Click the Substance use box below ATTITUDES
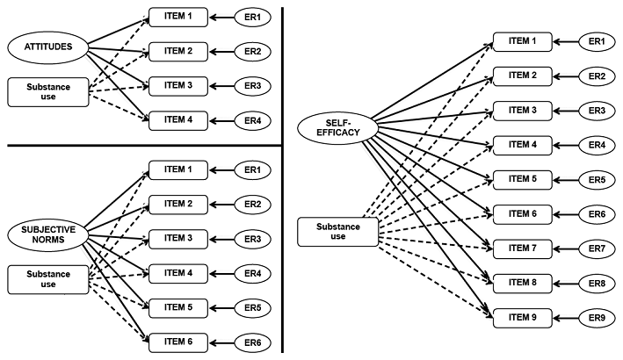click(x=49, y=91)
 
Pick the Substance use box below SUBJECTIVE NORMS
click(x=48, y=279)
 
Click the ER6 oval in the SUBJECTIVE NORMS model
click(x=252, y=342)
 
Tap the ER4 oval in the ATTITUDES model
click(x=252, y=119)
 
